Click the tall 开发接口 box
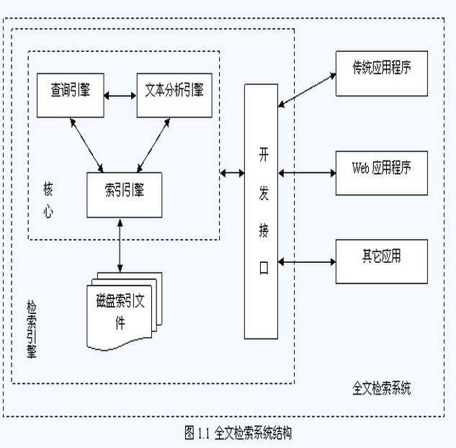click(261, 211)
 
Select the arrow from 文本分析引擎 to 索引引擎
click(153, 144)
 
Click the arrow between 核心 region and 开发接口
click(232, 173)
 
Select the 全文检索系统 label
click(382, 389)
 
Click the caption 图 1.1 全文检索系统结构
click(238, 433)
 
